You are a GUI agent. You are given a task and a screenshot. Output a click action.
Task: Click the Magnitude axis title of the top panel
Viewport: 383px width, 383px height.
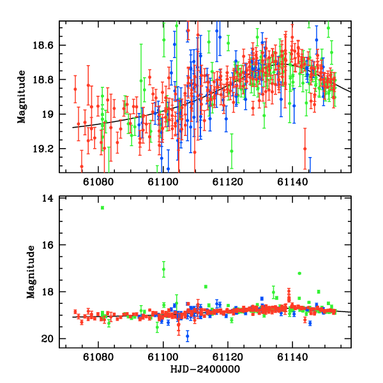click(x=22, y=97)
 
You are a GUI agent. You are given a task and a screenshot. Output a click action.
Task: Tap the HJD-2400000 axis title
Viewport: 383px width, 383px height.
click(x=205, y=370)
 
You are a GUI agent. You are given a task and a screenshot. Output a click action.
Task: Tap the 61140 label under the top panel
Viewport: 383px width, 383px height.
click(x=292, y=182)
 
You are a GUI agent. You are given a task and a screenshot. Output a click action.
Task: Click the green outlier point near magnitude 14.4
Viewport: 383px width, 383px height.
click(x=102, y=207)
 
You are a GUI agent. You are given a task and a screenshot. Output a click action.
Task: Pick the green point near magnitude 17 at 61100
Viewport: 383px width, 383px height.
click(x=164, y=269)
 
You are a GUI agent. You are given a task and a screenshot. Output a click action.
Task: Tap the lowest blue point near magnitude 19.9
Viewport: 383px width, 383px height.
click(x=188, y=335)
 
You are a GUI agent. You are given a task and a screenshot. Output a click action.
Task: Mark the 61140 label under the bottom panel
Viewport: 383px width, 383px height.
click(x=292, y=357)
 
